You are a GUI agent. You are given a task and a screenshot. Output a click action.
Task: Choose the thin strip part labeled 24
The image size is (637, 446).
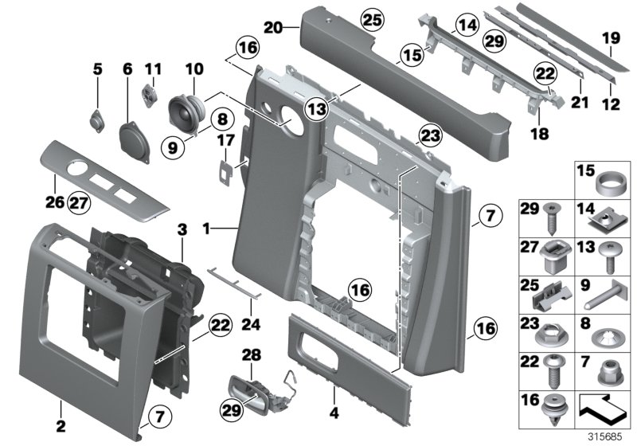[x=235, y=278]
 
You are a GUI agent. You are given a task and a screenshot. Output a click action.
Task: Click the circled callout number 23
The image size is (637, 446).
[x=429, y=138]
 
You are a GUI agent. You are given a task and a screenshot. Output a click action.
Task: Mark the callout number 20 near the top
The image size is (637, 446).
[x=273, y=27]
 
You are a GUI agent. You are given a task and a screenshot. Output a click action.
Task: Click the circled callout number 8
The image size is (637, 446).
[x=221, y=120]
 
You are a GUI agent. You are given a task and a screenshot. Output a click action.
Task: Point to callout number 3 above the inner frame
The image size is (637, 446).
[x=182, y=229]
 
